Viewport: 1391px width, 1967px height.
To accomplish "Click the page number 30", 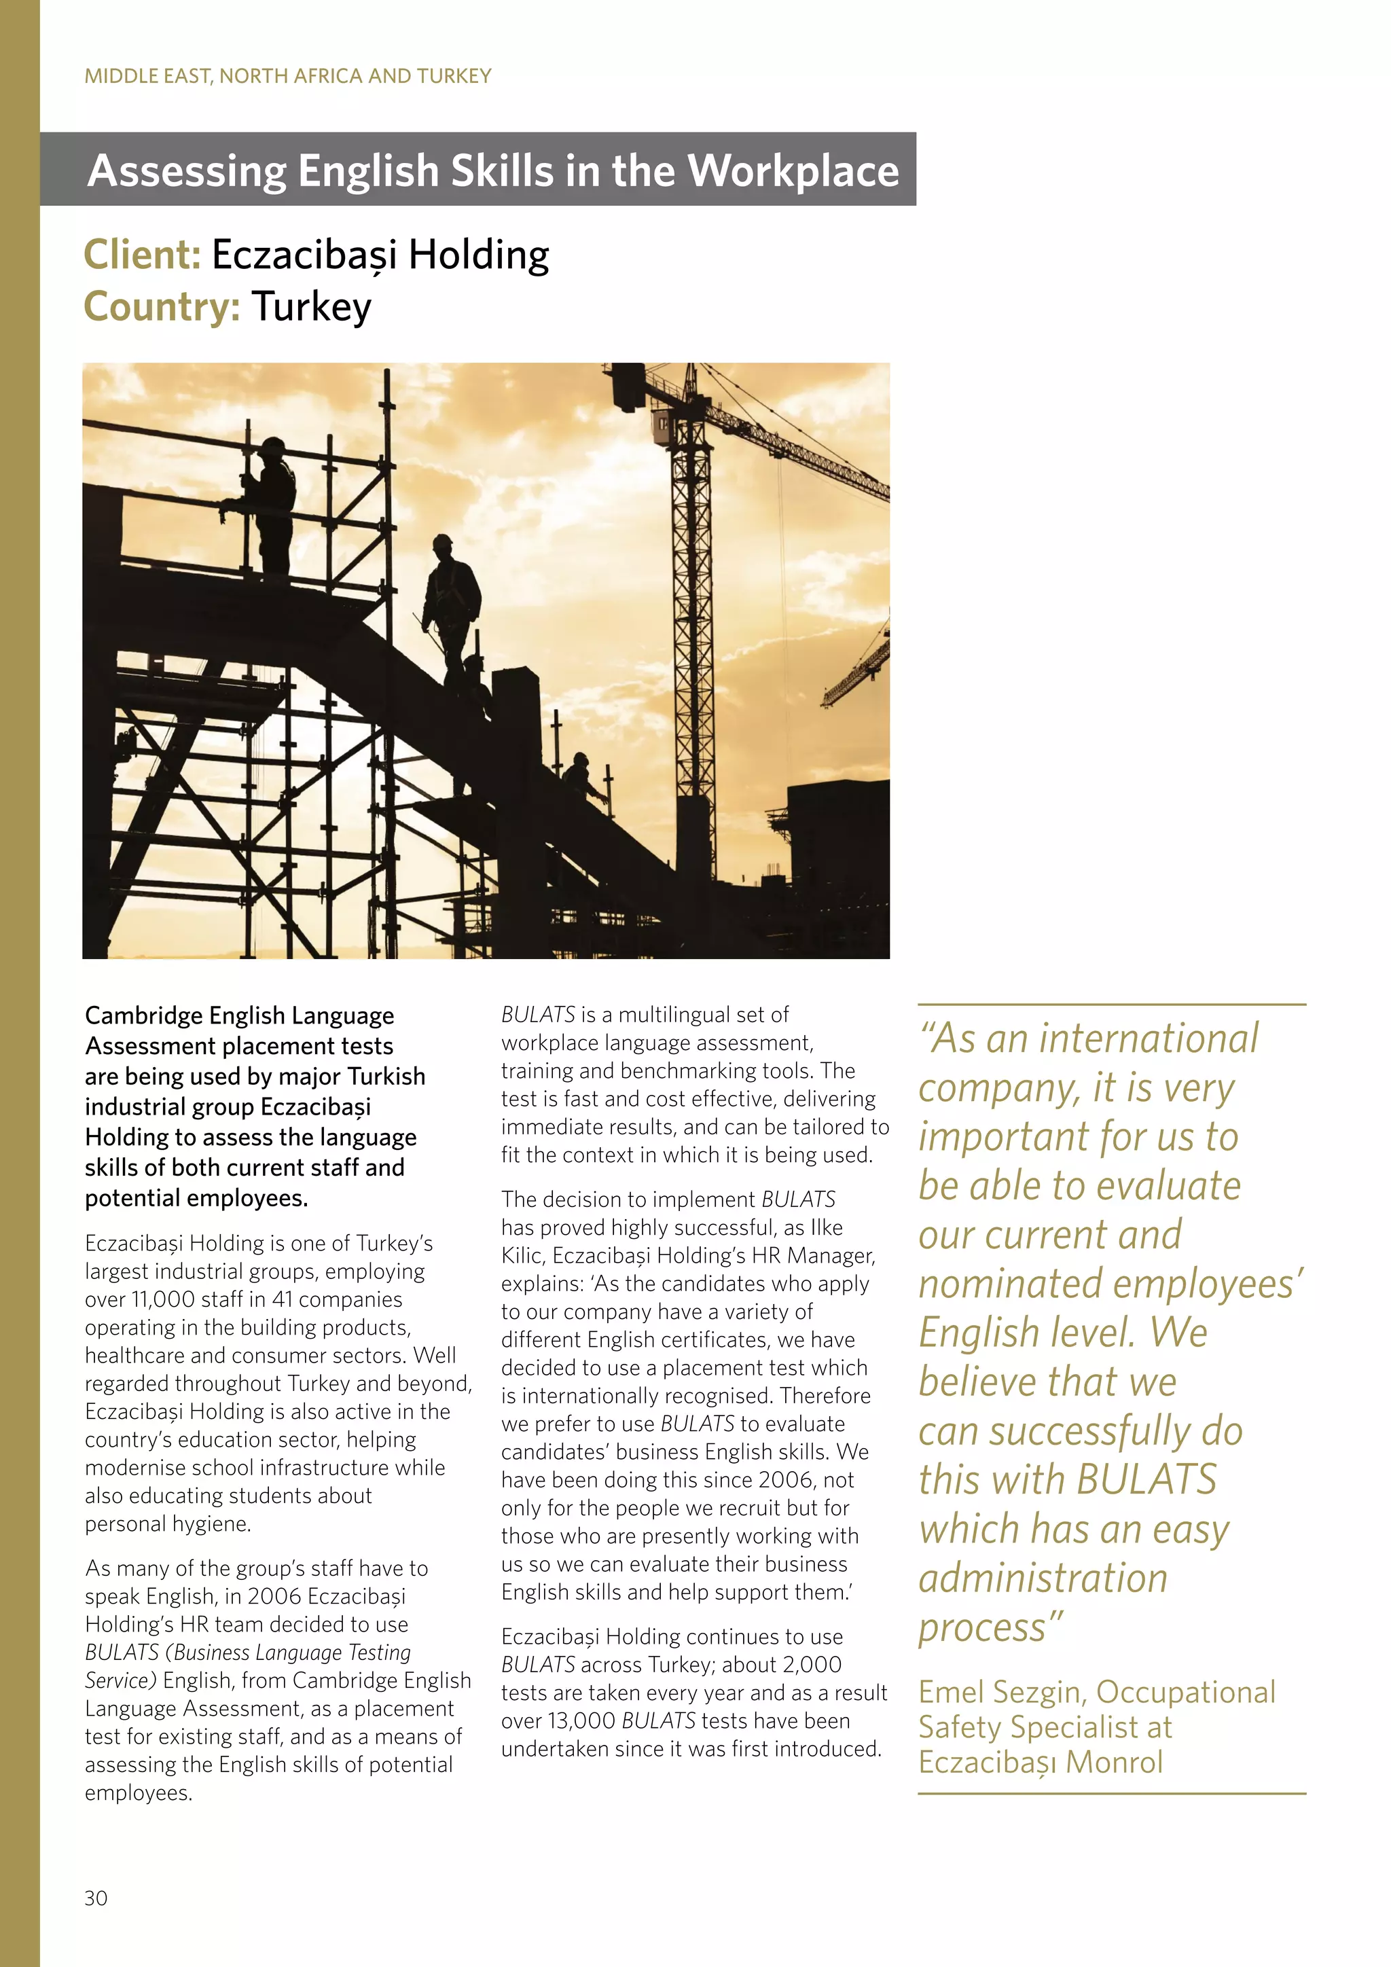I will (96, 1921).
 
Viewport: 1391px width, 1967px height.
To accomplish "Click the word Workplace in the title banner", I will (793, 170).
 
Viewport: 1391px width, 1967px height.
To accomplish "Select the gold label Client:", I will (142, 255).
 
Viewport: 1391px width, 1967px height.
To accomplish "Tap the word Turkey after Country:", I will (312, 307).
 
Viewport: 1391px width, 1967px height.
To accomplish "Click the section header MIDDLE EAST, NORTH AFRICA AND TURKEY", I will (288, 76).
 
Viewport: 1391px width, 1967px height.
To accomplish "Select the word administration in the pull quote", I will (1043, 1578).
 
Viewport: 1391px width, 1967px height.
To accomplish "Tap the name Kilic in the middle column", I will (522, 1255).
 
